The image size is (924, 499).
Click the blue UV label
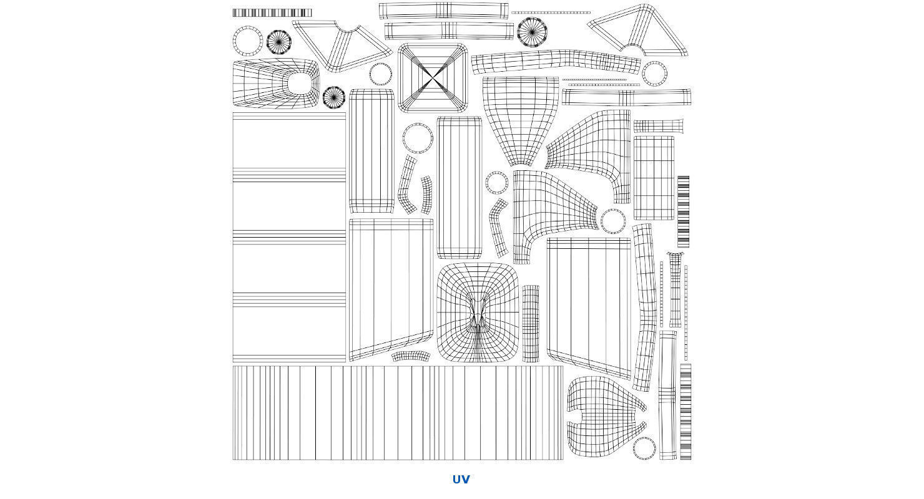pos(461,479)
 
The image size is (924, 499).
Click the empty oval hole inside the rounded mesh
pos(300,84)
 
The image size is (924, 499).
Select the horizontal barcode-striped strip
pos(272,12)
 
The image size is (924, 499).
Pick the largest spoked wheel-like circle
pos(532,32)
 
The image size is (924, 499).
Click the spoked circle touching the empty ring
pos(279,42)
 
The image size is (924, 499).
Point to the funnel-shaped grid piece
pos(521,121)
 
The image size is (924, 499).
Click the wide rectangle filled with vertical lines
pos(398,413)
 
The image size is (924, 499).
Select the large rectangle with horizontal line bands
pos(289,238)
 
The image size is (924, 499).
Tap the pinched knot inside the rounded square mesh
pos(478,313)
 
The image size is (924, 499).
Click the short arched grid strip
pos(411,356)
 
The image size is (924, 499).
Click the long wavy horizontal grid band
pos(556,61)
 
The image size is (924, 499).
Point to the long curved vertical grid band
pos(644,308)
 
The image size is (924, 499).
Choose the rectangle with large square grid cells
pos(654,178)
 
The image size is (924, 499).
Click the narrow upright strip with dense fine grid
pos(531,324)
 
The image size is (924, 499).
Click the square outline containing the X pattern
pos(400,77)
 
